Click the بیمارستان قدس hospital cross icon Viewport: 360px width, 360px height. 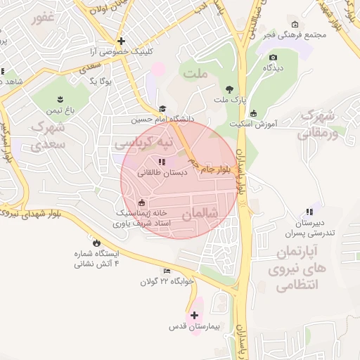(195, 315)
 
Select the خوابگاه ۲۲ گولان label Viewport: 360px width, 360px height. (167, 282)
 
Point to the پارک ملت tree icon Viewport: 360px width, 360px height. (230, 89)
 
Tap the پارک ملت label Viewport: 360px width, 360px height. (231, 101)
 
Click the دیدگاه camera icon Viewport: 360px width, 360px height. (273, 57)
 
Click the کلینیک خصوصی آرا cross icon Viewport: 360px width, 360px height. (122, 41)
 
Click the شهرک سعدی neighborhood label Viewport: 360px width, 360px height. (48, 136)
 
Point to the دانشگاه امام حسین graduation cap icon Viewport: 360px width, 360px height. (163, 108)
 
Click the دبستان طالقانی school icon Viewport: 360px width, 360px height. (162, 162)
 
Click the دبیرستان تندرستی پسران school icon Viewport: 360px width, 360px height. (309, 212)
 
